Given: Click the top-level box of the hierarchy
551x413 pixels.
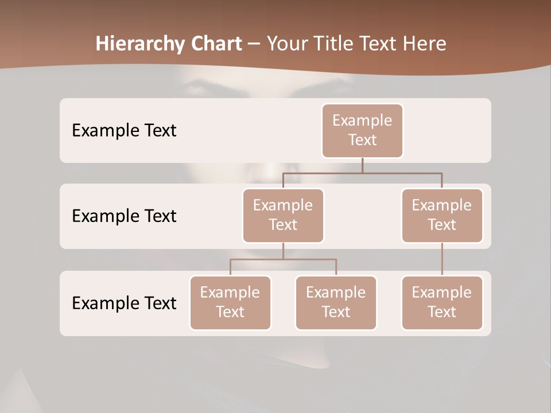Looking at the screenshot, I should pos(362,131).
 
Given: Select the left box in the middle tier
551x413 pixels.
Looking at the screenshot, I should pos(283,216).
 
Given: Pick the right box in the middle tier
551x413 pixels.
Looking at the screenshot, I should pos(442,216).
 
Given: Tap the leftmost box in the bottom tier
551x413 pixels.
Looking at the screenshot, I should pos(230,303).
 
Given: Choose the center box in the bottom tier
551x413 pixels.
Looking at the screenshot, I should pos(336,303).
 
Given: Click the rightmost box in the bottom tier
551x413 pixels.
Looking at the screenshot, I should pos(442,303).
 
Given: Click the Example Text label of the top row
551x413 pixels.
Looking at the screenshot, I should pos(124,131).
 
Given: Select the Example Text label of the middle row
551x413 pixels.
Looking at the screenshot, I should pos(124,216).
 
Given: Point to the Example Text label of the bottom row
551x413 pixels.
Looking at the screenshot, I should pos(124,303).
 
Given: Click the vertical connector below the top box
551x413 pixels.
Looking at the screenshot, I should pos(362,165).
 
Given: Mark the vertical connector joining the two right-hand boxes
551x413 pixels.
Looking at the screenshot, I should pos(442,259).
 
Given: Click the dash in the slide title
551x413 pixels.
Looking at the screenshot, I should pos(254,44).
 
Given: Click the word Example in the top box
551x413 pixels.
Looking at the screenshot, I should pos(362,120).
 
